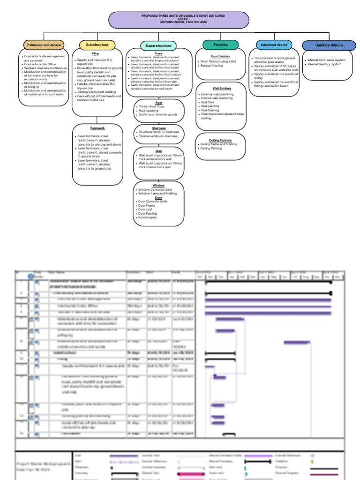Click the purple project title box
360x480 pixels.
coord(179,20)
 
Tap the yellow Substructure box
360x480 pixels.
coord(97,45)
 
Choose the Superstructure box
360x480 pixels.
coord(158,46)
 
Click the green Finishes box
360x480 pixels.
coord(220,45)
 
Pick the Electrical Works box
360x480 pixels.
coord(274,45)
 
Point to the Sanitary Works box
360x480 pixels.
coord(329,45)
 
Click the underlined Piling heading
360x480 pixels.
coord(95,54)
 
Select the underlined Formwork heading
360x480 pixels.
coord(97,128)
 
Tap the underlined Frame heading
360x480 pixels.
coord(158,54)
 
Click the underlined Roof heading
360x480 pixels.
coord(158,103)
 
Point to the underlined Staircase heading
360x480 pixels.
coord(158,128)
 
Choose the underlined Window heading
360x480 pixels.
coord(158,186)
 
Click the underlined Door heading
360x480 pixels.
coord(158,197)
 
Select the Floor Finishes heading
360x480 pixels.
coord(220,56)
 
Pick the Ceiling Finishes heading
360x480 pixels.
coord(220,140)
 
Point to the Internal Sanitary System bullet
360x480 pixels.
coord(324,64)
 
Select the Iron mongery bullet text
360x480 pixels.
coord(148,217)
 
